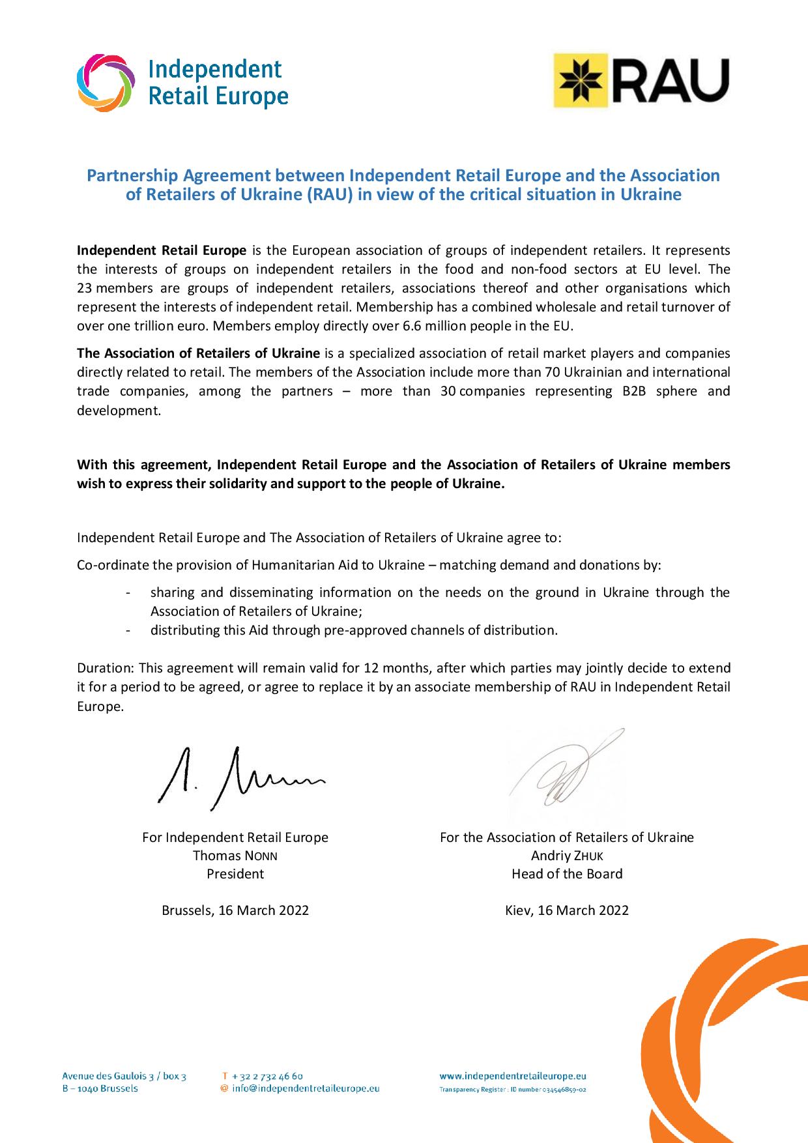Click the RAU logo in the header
click(x=641, y=81)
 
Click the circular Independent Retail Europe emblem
click(x=106, y=83)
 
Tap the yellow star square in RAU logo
click(x=581, y=81)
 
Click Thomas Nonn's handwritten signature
click(x=238, y=777)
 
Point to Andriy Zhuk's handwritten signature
click(x=566, y=769)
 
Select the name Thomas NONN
click(x=235, y=856)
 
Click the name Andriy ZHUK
click(x=567, y=856)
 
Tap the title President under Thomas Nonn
click(x=235, y=874)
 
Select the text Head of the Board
click(x=567, y=874)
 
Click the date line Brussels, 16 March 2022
click(x=235, y=910)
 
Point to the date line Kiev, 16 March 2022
click(x=567, y=910)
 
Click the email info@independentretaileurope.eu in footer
click(x=306, y=1088)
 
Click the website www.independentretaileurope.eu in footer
click(x=513, y=1076)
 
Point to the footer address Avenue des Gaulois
click(x=124, y=1076)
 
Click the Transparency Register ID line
click(x=513, y=1090)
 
